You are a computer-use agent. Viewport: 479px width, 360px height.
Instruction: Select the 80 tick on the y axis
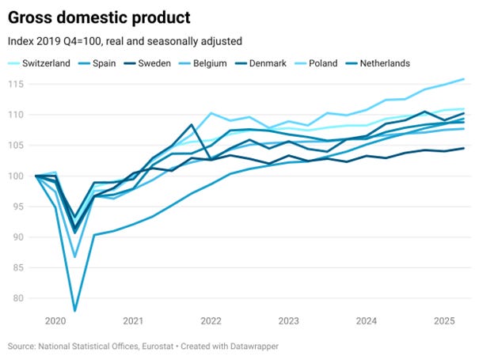(18, 298)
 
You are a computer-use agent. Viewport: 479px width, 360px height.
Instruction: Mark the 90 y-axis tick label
(18, 237)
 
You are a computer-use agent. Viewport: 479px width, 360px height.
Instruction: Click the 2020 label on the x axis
(55, 321)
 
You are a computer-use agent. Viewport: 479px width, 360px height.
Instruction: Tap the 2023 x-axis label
(288, 321)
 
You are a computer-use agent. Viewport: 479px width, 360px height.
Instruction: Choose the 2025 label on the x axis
(443, 321)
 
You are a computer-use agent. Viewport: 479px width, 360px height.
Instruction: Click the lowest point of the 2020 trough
(75, 310)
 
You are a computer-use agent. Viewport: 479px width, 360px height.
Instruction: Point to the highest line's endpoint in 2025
(463, 79)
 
